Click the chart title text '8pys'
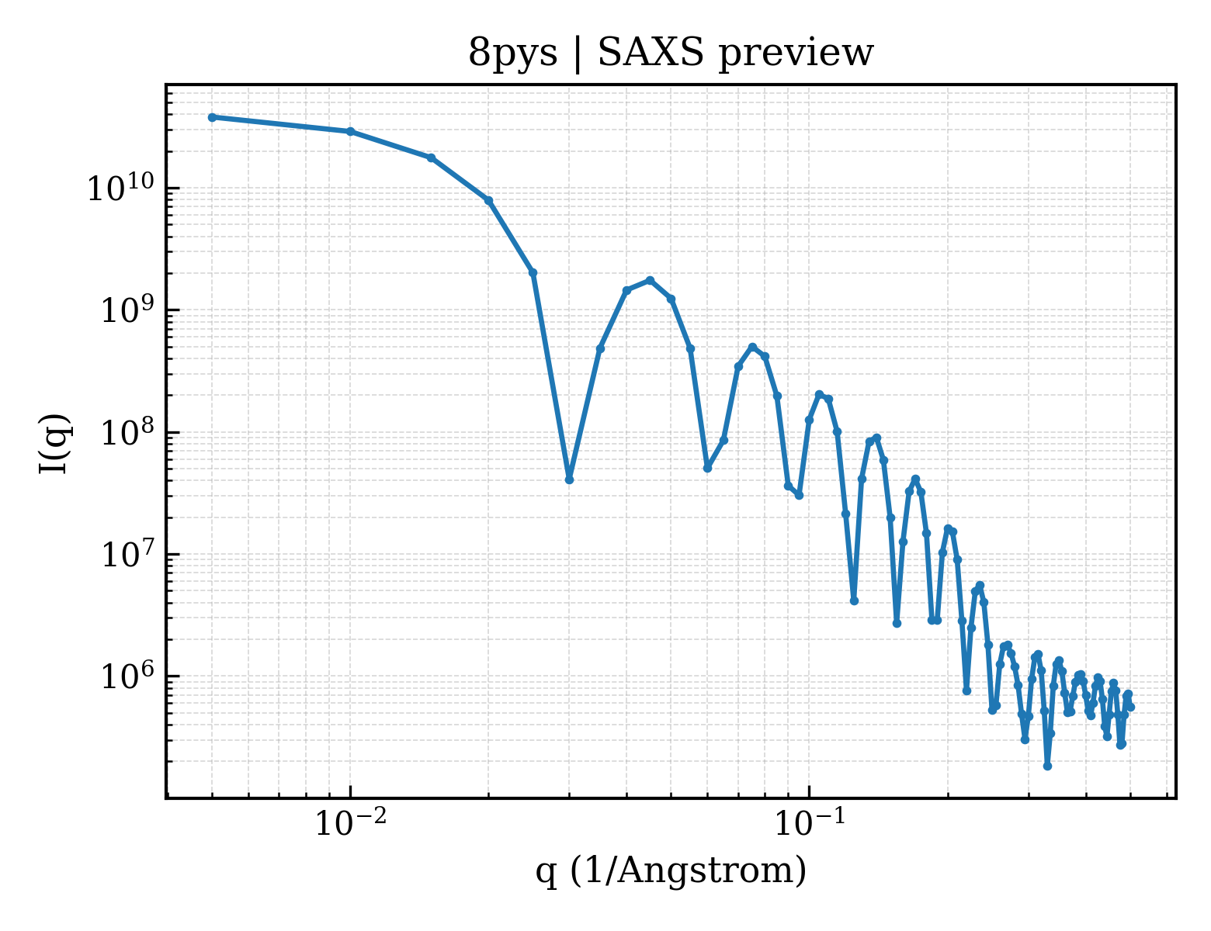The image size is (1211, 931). pos(512,54)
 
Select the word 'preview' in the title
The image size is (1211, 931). pos(796,54)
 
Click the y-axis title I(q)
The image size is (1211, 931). pos(54,443)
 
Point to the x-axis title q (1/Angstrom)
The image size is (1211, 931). pos(671,870)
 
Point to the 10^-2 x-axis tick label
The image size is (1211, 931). pos(351,823)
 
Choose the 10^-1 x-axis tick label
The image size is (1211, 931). pos(810,823)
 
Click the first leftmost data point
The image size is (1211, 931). pos(213,117)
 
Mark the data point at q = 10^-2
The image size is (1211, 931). pos(351,131)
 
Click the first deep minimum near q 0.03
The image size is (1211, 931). pos(569,479)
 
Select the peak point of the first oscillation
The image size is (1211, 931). pos(650,280)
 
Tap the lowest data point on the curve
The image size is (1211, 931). pos(1048,767)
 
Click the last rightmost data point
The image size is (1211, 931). pos(1131,708)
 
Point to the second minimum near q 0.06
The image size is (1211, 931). pos(707,468)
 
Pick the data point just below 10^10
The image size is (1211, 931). pos(489,200)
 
